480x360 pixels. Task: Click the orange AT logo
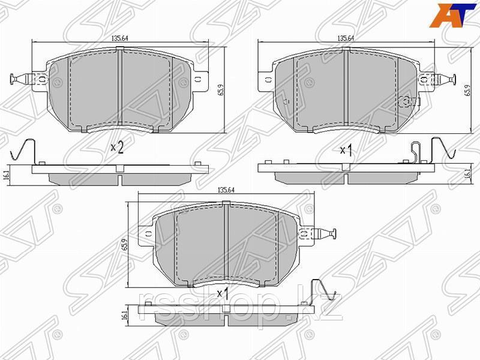pyautogui.click(x=452, y=14)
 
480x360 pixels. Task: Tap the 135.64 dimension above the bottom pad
pyautogui.click(x=226, y=190)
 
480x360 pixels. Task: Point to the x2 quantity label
pyautogui.click(x=117, y=148)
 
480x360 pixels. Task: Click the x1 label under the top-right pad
pyautogui.click(x=347, y=150)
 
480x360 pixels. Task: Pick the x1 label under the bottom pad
pyautogui.click(x=223, y=294)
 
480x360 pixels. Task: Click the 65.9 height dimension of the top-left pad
pyautogui.click(x=221, y=90)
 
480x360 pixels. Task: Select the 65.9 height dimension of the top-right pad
pyautogui.click(x=466, y=90)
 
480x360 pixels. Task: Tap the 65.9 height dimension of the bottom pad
pyautogui.click(x=124, y=244)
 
